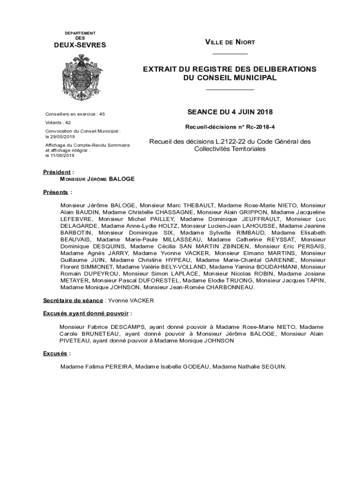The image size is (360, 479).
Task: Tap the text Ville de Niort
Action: [x=230, y=43]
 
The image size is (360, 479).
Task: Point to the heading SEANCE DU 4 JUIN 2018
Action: [x=230, y=112]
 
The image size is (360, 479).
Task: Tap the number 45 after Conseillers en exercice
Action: [x=102, y=114]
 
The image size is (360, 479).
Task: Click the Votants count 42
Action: [x=68, y=122]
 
